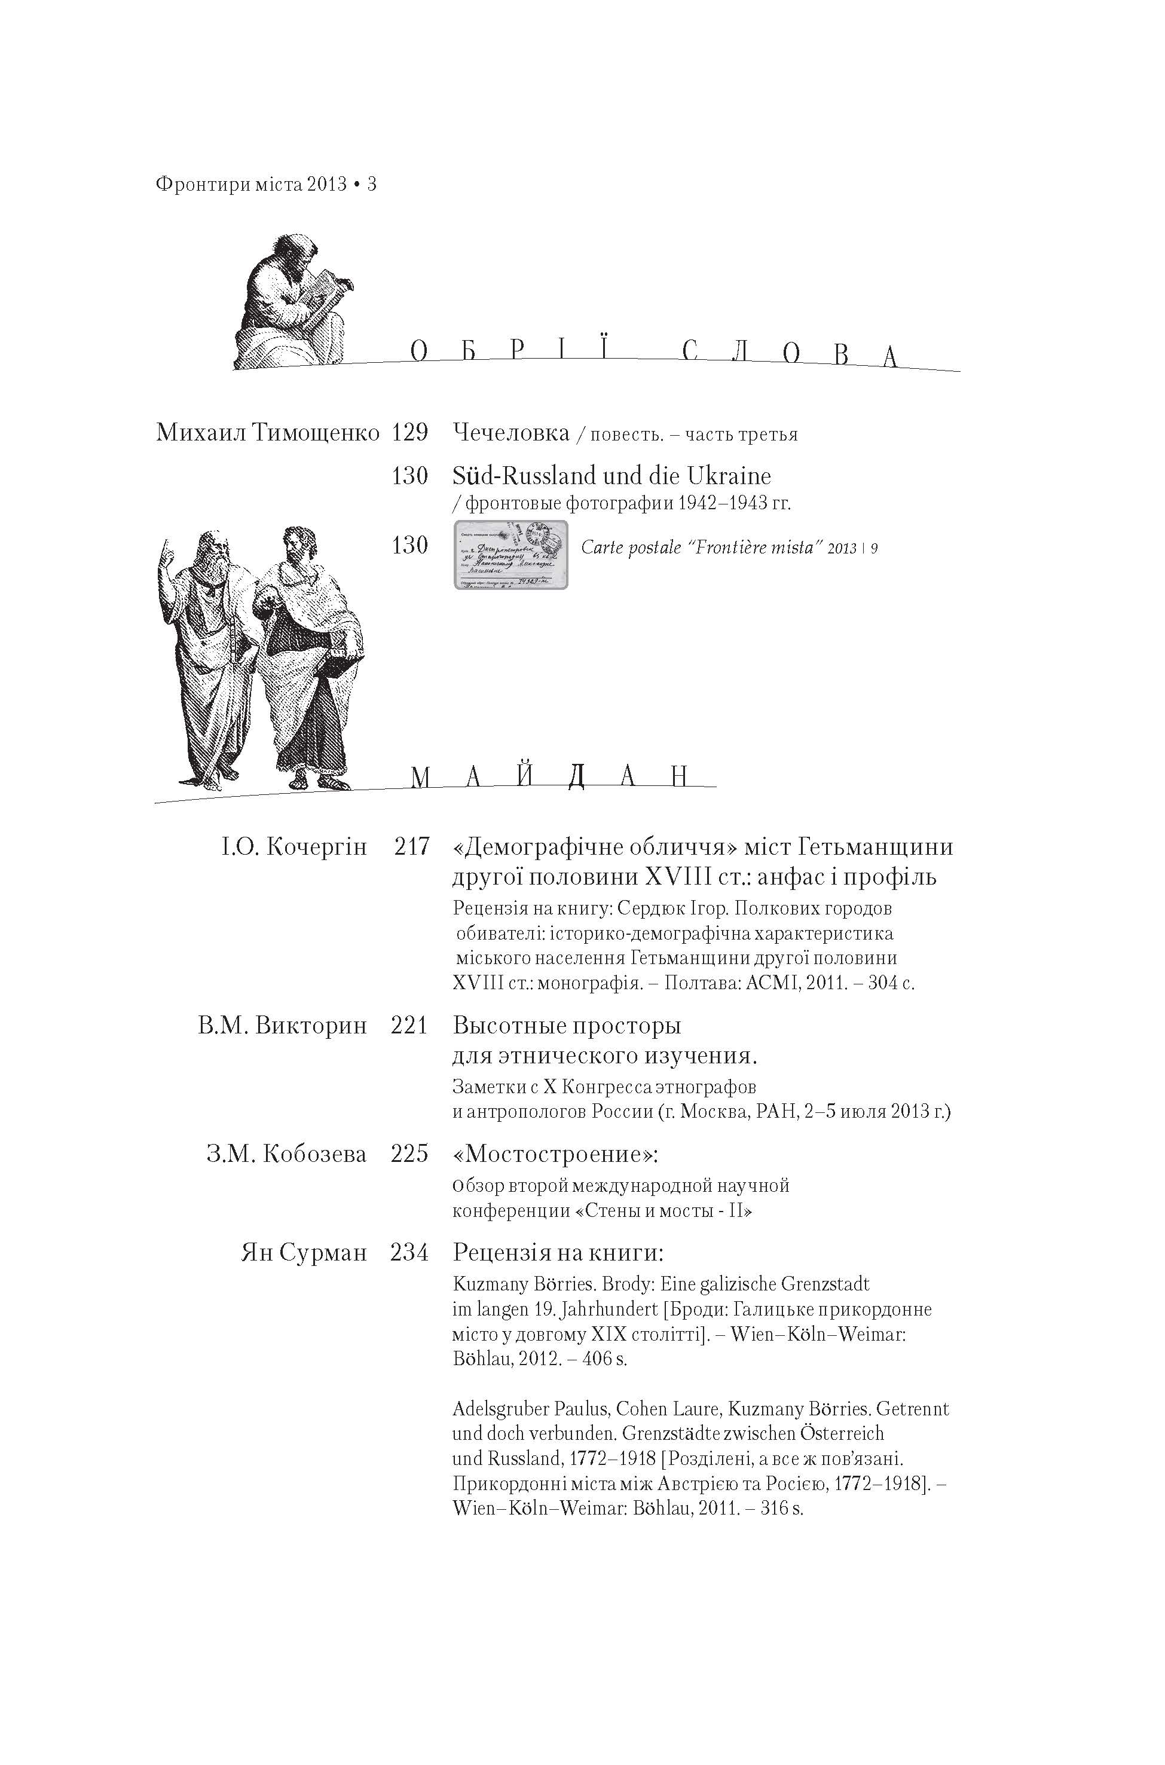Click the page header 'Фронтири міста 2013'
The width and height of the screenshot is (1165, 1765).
(251, 184)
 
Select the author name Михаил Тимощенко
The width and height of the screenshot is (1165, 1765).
(267, 432)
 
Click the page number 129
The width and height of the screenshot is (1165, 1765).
(409, 432)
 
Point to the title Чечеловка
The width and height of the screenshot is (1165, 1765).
(510, 432)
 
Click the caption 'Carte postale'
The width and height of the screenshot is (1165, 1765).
(631, 548)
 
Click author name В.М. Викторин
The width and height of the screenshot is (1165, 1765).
(282, 1026)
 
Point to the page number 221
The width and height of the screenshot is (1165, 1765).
(409, 1026)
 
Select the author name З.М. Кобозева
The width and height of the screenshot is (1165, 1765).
(287, 1154)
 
